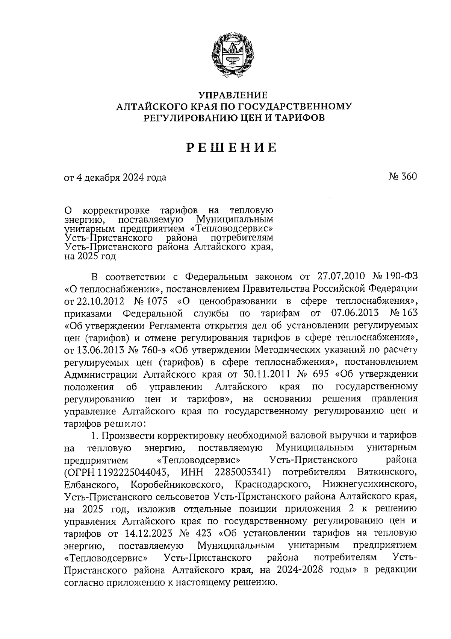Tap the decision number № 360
403,176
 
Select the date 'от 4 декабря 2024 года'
115,177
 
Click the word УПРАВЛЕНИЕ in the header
233,95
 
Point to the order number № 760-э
148,350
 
